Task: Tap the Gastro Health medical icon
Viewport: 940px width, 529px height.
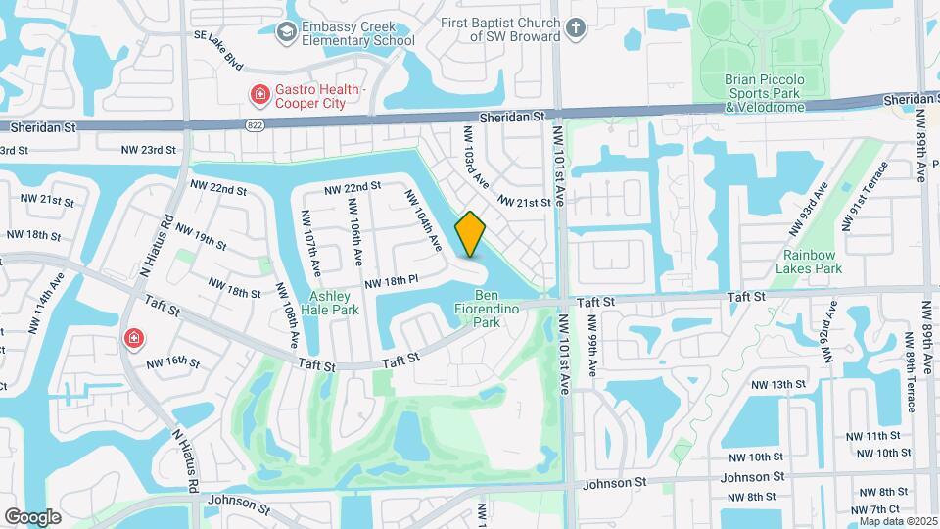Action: click(259, 94)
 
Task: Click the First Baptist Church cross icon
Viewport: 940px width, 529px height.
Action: click(576, 28)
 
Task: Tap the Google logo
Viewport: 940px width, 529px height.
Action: click(32, 516)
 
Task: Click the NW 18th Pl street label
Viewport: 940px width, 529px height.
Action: click(391, 281)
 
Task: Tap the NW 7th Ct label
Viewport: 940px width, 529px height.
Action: click(875, 509)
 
